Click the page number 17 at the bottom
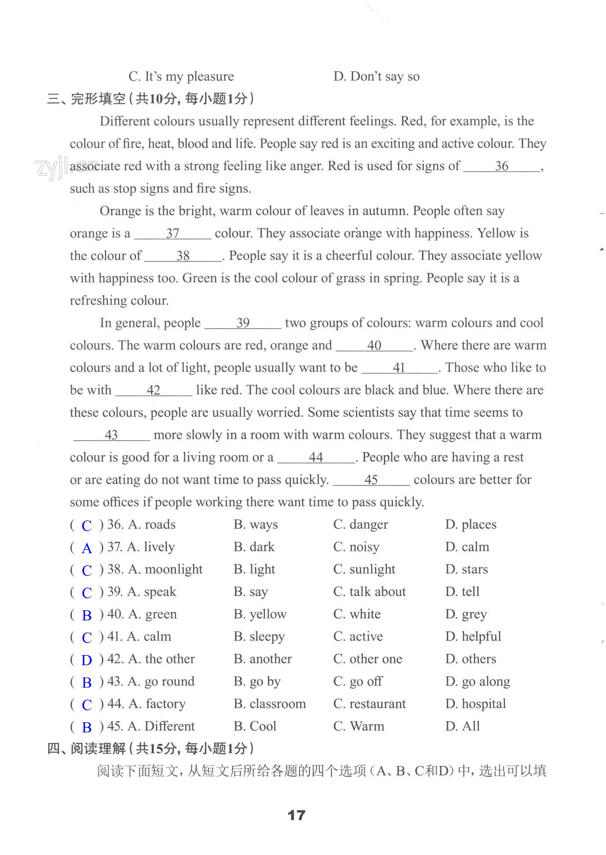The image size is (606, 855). [296, 815]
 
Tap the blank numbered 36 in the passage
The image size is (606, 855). [502, 166]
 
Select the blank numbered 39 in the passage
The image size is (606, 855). [243, 323]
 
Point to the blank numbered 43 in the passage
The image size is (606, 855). [111, 435]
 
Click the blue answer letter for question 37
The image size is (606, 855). [87, 548]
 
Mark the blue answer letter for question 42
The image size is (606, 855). [87, 660]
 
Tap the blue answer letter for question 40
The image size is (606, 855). [87, 615]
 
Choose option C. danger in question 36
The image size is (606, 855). [360, 524]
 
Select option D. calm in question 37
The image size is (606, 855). [467, 547]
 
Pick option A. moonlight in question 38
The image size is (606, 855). [165, 569]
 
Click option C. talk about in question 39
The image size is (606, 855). [369, 592]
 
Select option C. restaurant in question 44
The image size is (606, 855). [369, 704]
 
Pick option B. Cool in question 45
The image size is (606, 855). [255, 726]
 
